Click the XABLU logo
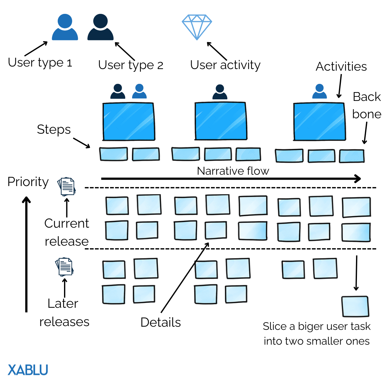pyautogui.click(x=28, y=370)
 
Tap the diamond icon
pyautogui.click(x=197, y=27)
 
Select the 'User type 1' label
pyautogui.click(x=40, y=62)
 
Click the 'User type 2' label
pyautogui.click(x=131, y=65)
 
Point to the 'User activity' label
pyautogui.click(x=225, y=65)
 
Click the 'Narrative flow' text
pyautogui.click(x=233, y=171)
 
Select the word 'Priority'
pyautogui.click(x=28, y=182)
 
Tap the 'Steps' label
pyautogui.click(x=54, y=130)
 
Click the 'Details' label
pyautogui.click(x=160, y=322)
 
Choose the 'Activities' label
pyautogui.click(x=341, y=67)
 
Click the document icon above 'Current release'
pyautogui.click(x=67, y=186)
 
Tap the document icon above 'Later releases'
pyautogui.click(x=64, y=267)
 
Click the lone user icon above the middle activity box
pyautogui.click(x=220, y=92)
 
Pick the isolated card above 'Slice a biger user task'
pyautogui.click(x=355, y=306)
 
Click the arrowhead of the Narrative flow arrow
pyautogui.click(x=358, y=179)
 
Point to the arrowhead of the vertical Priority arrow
pyautogui.click(x=26, y=200)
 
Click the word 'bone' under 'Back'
pyautogui.click(x=367, y=114)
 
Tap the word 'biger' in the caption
pyautogui.click(x=312, y=327)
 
